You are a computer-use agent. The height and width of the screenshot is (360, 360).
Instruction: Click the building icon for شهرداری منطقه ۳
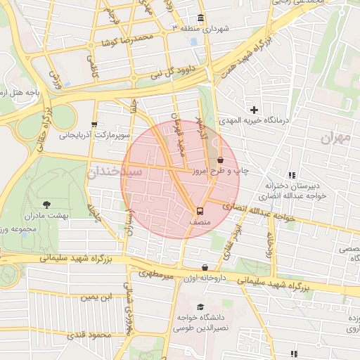point(201,18)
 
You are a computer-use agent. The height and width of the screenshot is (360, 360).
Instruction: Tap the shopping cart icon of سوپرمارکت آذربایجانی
point(94,124)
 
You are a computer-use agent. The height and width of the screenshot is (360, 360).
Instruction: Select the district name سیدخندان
point(116,171)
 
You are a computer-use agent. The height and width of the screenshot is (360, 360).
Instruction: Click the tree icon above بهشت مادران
point(46,205)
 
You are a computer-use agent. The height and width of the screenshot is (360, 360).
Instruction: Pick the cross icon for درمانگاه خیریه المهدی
point(254,110)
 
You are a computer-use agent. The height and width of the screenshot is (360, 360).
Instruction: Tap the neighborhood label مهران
point(335,138)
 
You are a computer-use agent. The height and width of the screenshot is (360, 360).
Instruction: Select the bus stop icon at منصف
point(200,210)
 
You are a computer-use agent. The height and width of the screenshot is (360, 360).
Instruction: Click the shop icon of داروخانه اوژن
point(205,268)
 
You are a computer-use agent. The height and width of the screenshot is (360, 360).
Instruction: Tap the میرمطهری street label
point(155,273)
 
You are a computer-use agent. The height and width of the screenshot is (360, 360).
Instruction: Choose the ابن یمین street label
point(96,297)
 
